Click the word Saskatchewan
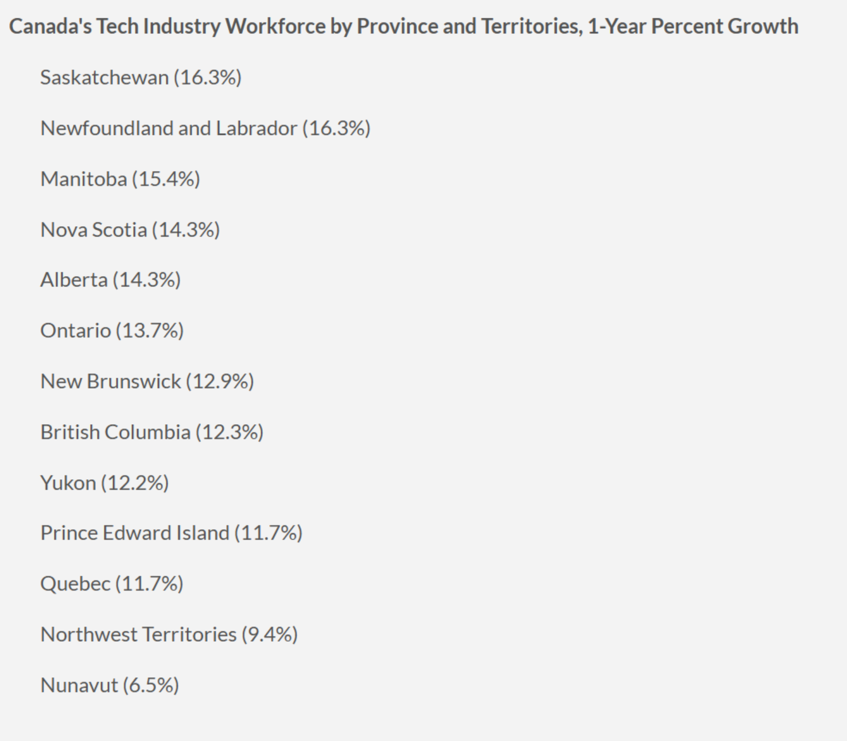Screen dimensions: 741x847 click(x=104, y=77)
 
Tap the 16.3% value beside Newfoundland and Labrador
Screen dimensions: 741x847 click(x=337, y=129)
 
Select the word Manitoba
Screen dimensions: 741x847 click(x=83, y=179)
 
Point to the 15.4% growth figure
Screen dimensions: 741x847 click(x=166, y=179)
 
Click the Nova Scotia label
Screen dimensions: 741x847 click(x=94, y=230)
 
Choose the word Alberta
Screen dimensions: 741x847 click(x=73, y=280)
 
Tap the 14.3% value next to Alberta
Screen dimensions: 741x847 click(x=147, y=280)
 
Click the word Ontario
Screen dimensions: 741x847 click(x=75, y=331)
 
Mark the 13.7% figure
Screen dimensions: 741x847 click(x=150, y=331)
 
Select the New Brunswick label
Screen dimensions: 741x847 click(x=110, y=382)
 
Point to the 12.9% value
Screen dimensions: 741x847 click(x=220, y=382)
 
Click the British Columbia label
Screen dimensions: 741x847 click(x=115, y=432)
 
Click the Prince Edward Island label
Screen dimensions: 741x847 click(x=134, y=533)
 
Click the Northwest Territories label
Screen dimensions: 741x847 click(x=138, y=635)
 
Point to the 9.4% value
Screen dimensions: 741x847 click(x=270, y=635)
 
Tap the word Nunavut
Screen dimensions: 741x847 click(x=79, y=685)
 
